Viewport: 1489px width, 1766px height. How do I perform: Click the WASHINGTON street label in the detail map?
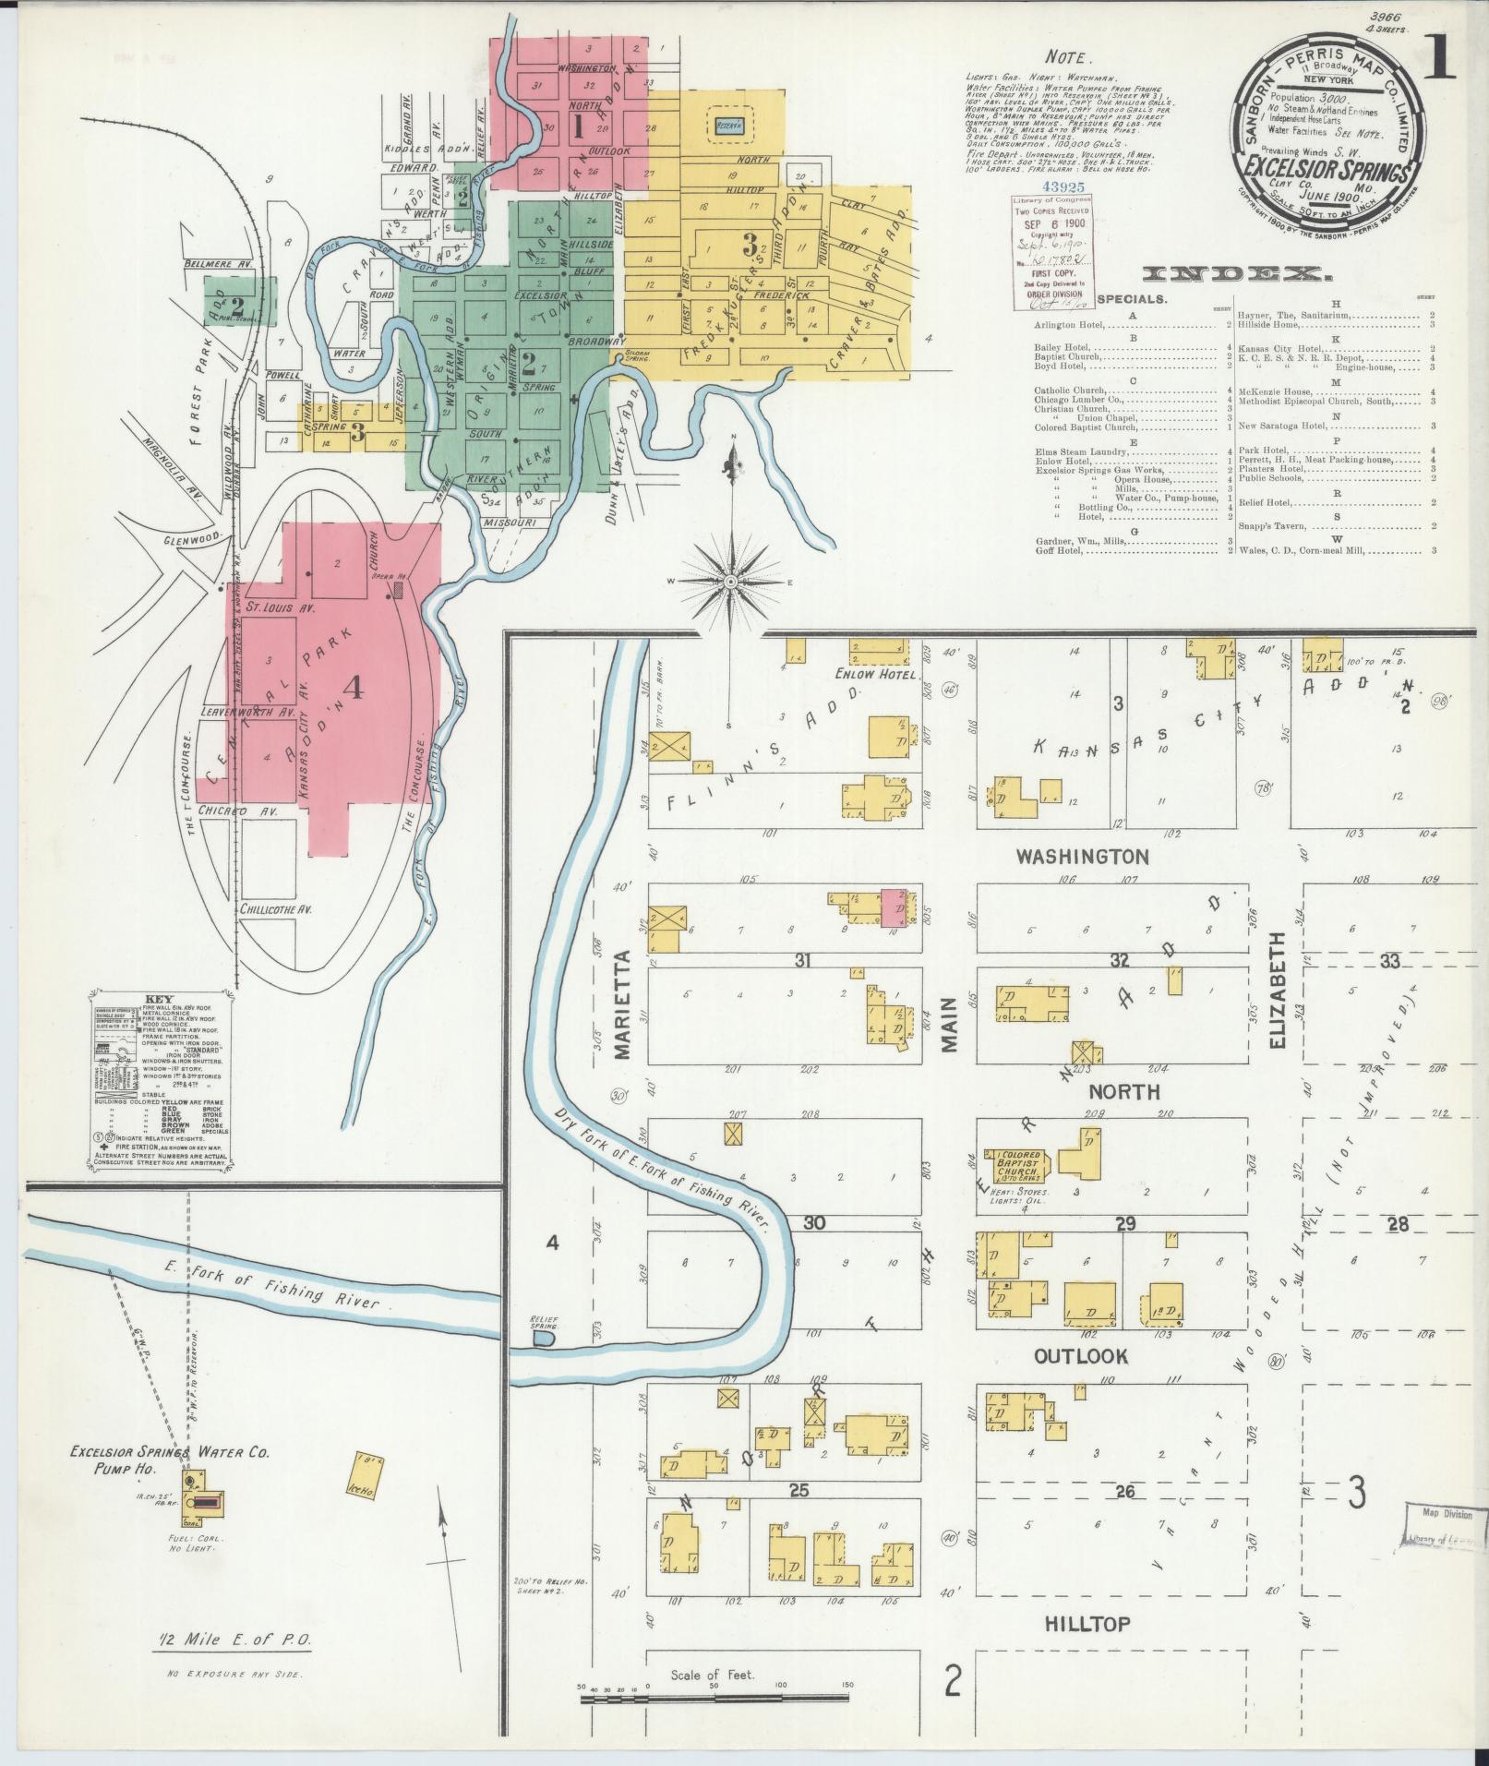point(1082,857)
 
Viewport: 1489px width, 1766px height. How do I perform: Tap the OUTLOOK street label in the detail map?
point(1080,1356)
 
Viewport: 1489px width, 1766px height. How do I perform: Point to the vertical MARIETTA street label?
point(620,1003)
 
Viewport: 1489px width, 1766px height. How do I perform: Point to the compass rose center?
point(729,583)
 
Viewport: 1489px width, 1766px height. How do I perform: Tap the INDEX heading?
point(1234,274)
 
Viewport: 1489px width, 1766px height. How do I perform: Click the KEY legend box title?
point(161,999)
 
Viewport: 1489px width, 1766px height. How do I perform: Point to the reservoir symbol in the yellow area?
point(730,128)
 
